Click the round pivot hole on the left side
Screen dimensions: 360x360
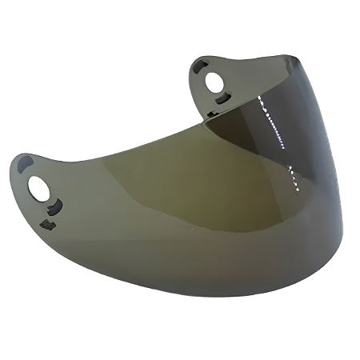pos(37,188)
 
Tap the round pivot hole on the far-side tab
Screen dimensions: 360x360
pos(213,81)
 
